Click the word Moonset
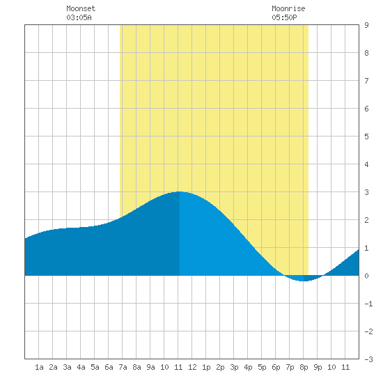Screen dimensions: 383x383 (81, 8)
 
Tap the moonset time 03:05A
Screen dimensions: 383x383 (79, 17)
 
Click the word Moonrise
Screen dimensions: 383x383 (288, 8)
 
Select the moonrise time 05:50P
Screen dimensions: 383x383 (284, 17)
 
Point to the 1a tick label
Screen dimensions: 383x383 (39, 367)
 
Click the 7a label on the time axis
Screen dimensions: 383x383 (123, 367)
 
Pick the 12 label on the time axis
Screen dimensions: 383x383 (192, 367)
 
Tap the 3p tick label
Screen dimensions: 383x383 (234, 367)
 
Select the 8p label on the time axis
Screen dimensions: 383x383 (304, 367)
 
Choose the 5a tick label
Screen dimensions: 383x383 (95, 367)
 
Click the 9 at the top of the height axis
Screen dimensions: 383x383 (366, 25)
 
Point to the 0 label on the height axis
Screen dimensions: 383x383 (366, 276)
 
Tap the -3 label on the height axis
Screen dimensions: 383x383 (368, 359)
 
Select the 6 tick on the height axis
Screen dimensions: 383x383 (366, 109)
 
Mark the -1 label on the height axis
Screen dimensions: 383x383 (368, 304)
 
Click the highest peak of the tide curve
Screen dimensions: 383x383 (179, 191)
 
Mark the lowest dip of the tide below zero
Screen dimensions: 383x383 (303, 281)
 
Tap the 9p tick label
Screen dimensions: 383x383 (318, 367)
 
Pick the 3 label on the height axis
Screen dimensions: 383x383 (366, 192)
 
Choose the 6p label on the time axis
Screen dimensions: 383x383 (276, 367)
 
